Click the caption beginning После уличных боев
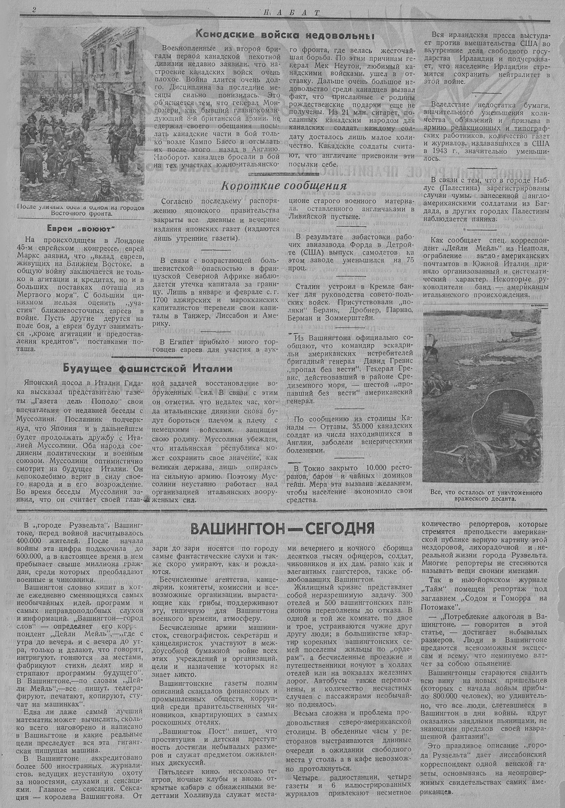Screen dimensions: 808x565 (x=81, y=210)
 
